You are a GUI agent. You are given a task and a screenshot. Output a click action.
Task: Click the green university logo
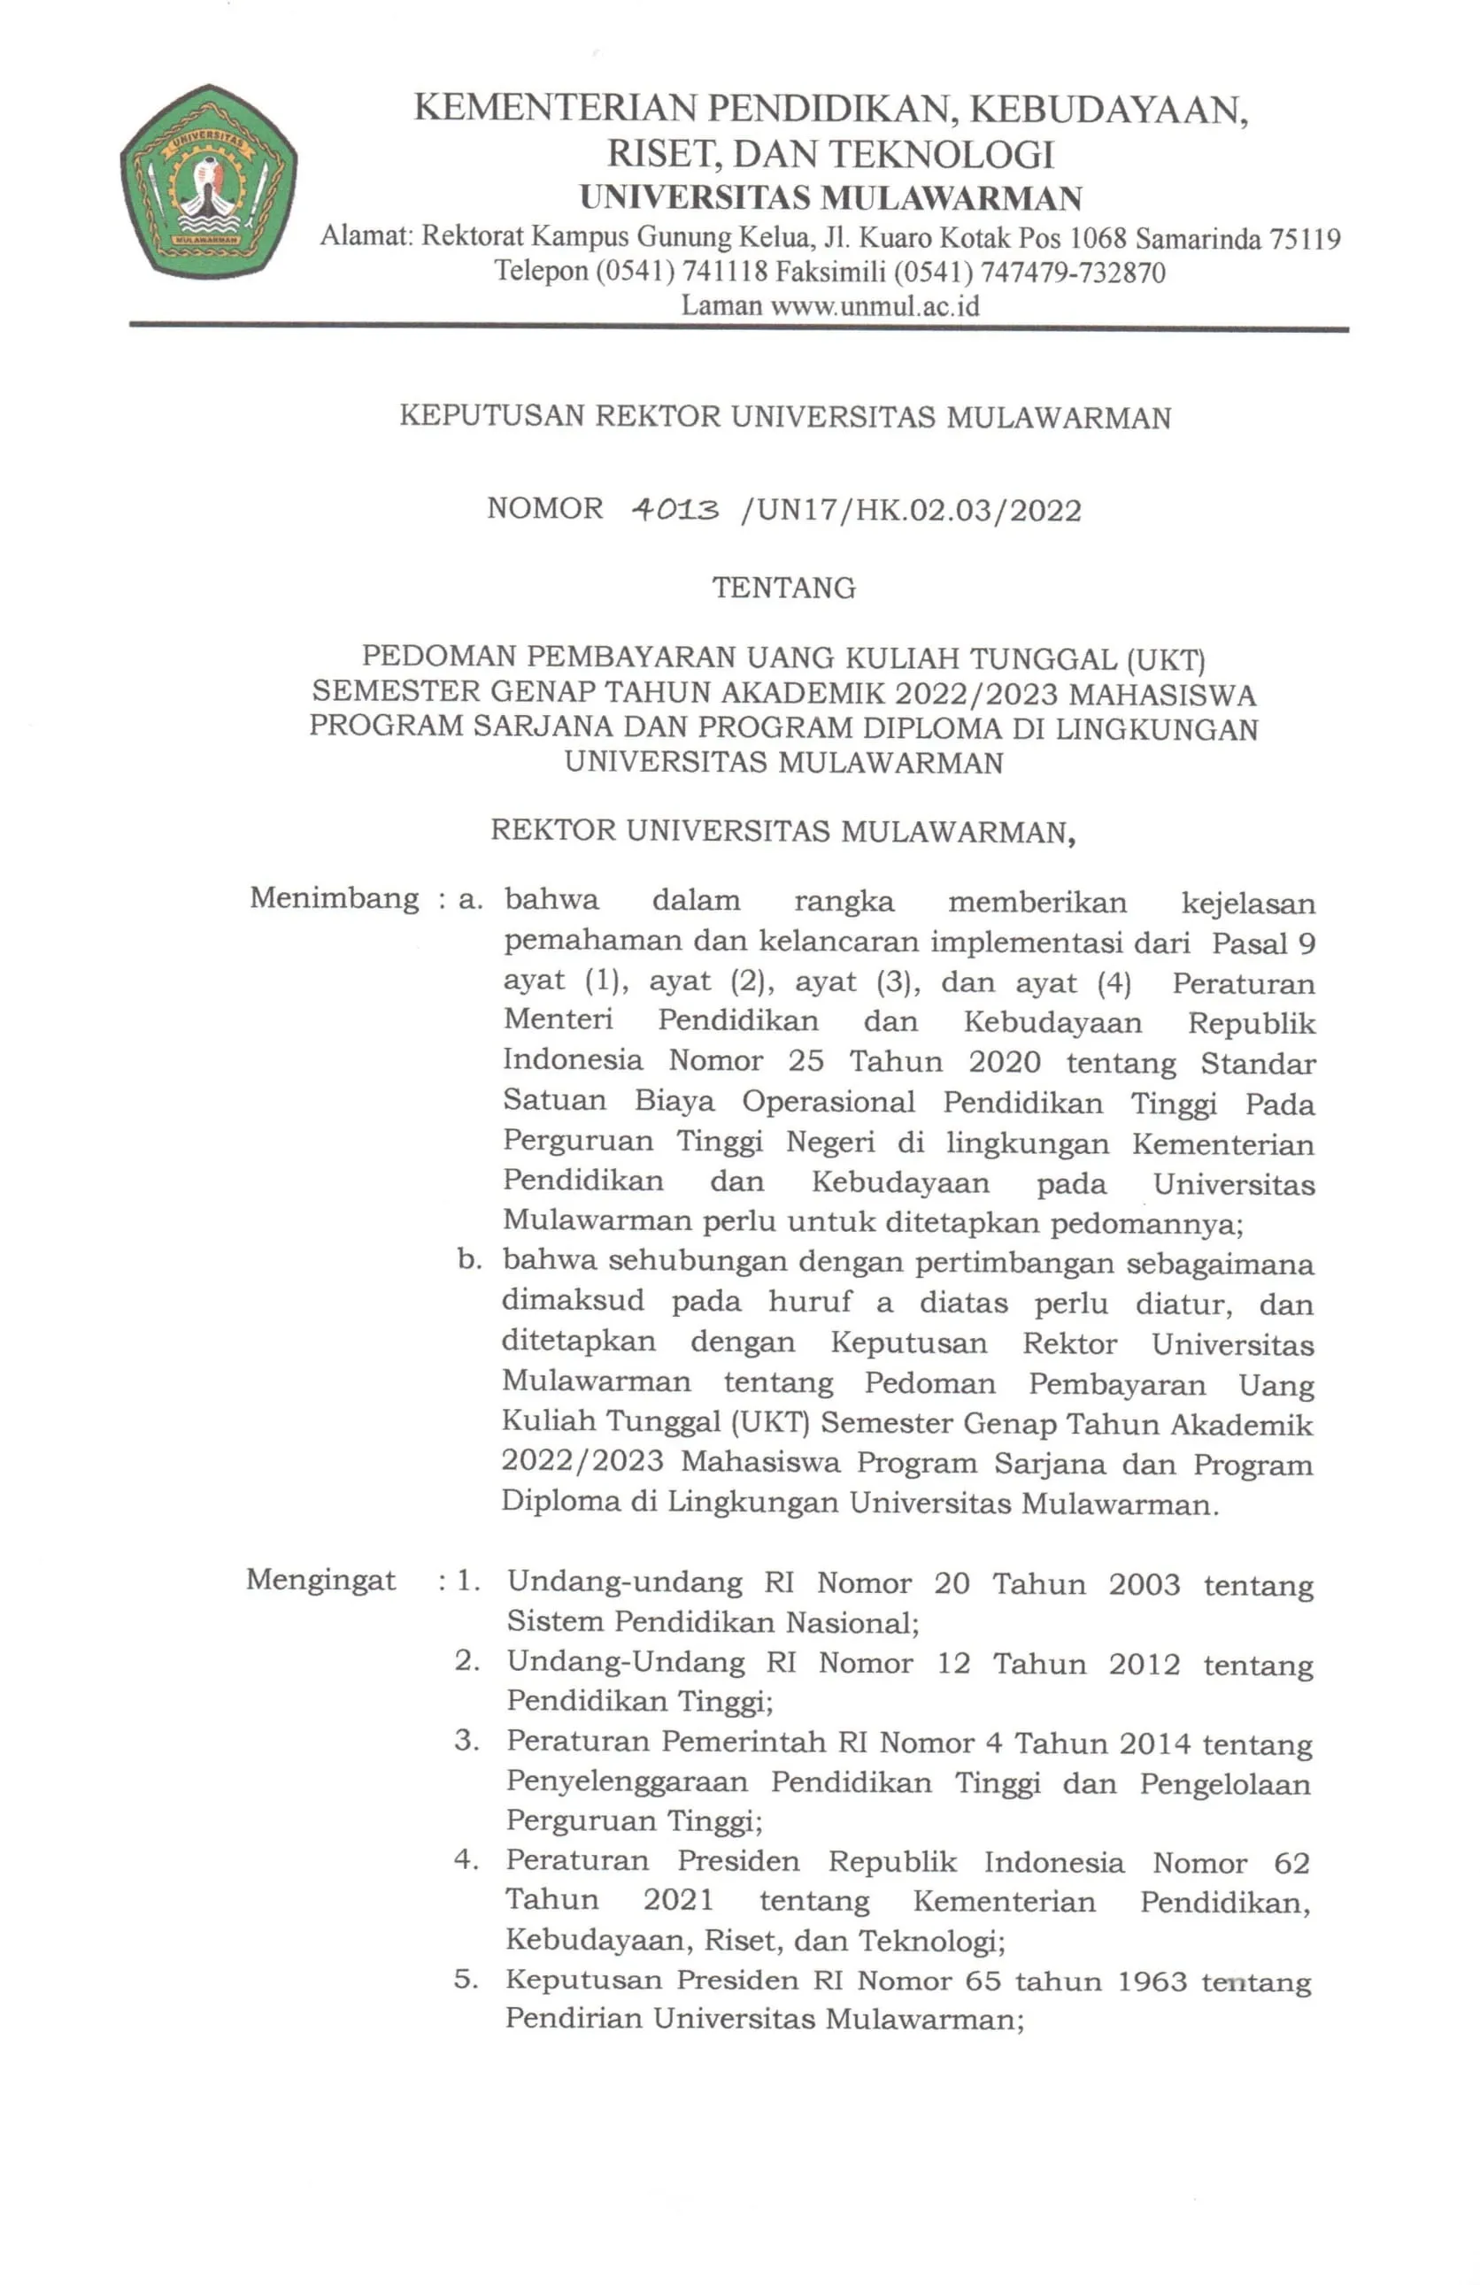click(x=207, y=181)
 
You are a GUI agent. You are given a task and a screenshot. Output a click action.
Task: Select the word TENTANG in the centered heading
click(x=783, y=588)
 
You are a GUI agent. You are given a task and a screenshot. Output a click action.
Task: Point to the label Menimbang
click(x=335, y=898)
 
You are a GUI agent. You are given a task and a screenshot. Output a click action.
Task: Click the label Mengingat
click(x=320, y=1580)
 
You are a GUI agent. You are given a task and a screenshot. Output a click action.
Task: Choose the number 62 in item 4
click(x=1291, y=1864)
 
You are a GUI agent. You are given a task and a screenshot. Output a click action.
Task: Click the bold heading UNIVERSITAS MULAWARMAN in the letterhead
click(x=831, y=199)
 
